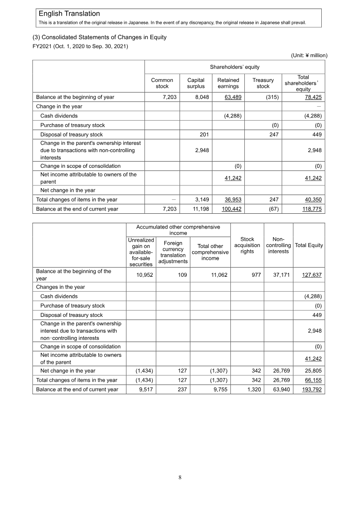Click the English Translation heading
pyautogui.click(x=69, y=14)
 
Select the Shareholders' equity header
pyautogui.click(x=234, y=67)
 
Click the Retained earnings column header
pyautogui.click(x=228, y=83)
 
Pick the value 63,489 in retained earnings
pyautogui.click(x=233, y=97)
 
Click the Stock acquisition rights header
pyautogui.click(x=247, y=245)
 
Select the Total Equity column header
pyautogui.click(x=309, y=245)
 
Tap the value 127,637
pyautogui.click(x=311, y=275)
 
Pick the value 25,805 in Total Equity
pyautogui.click(x=313, y=371)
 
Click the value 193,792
pyautogui.click(x=311, y=390)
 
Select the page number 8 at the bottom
pyautogui.click(x=180, y=478)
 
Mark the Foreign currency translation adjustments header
pyautogui.click(x=173, y=252)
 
